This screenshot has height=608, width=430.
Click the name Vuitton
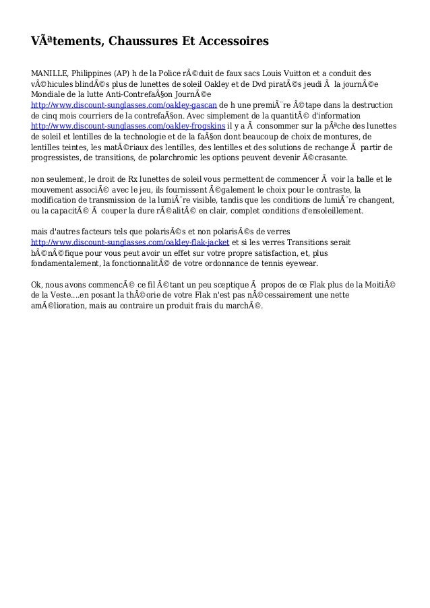click(x=305, y=73)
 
